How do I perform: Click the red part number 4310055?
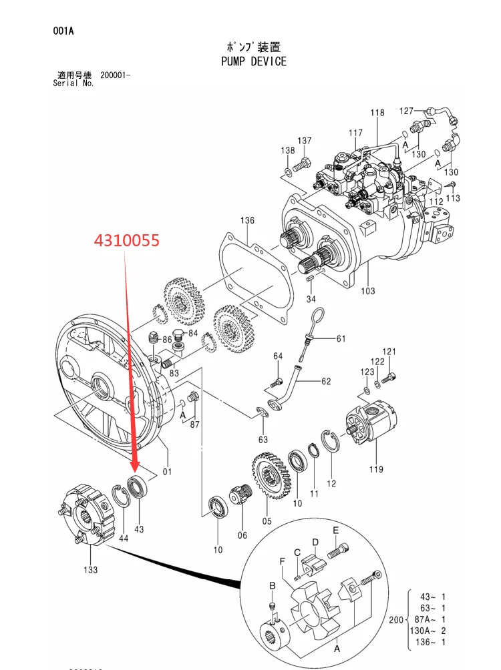127,240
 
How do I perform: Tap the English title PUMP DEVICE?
254,61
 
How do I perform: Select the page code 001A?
63,31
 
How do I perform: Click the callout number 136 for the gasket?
247,220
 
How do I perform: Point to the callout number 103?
368,291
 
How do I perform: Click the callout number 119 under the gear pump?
376,469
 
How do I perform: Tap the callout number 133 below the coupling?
91,570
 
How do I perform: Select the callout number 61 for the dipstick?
341,338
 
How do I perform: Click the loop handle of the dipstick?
316,318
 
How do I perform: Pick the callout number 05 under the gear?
267,521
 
